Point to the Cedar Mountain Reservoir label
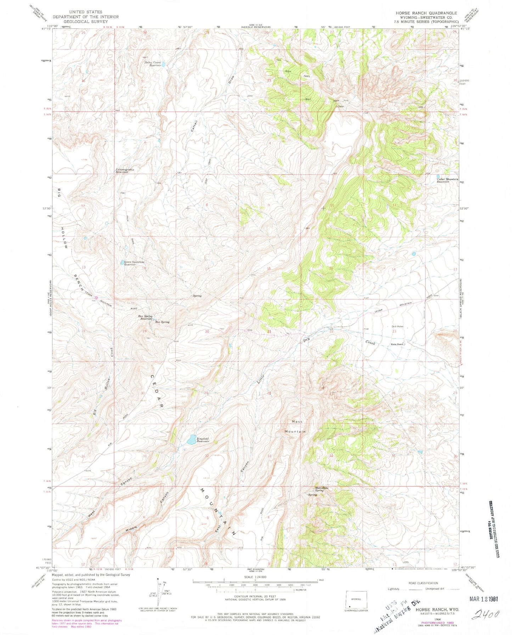(x=447, y=180)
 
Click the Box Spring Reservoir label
(x=145, y=317)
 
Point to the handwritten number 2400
(x=485, y=614)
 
